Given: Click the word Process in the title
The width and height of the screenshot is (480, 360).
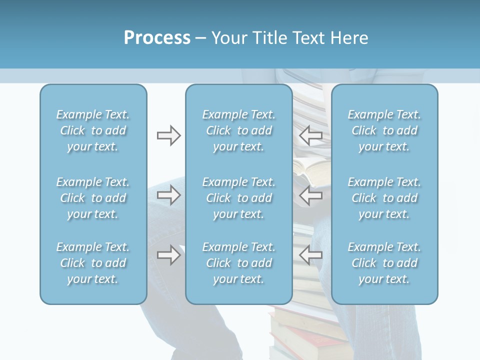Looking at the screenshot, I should pos(157,38).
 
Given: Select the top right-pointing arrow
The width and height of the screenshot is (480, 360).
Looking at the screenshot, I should pos(168,135).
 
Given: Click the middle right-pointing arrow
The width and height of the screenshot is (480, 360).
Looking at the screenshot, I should pos(168,195).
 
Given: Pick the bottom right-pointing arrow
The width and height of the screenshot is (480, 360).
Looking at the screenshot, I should pos(168,255).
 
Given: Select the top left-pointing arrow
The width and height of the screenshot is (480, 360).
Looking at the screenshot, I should pos(310,135).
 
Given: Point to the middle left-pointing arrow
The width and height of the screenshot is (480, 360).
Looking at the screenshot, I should pos(310,195).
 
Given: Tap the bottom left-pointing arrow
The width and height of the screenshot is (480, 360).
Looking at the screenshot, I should pos(310,255).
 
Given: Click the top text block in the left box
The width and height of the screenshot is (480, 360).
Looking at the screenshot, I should pos(93,130).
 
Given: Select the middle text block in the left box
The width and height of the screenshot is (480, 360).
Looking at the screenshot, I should pos(93,198).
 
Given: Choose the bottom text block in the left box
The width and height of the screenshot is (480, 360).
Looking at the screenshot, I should pos(93,263).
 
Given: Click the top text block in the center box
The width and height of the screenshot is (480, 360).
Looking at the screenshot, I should pos(238,130).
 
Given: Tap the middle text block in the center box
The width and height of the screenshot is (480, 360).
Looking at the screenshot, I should pos(238,198).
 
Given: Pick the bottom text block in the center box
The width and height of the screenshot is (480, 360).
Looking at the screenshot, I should pos(238,263).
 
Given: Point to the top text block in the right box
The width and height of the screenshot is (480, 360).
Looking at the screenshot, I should pos(384,130).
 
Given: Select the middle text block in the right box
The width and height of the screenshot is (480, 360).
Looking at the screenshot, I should pos(384,198).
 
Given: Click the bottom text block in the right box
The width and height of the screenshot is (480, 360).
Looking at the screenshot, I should pos(384,263).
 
